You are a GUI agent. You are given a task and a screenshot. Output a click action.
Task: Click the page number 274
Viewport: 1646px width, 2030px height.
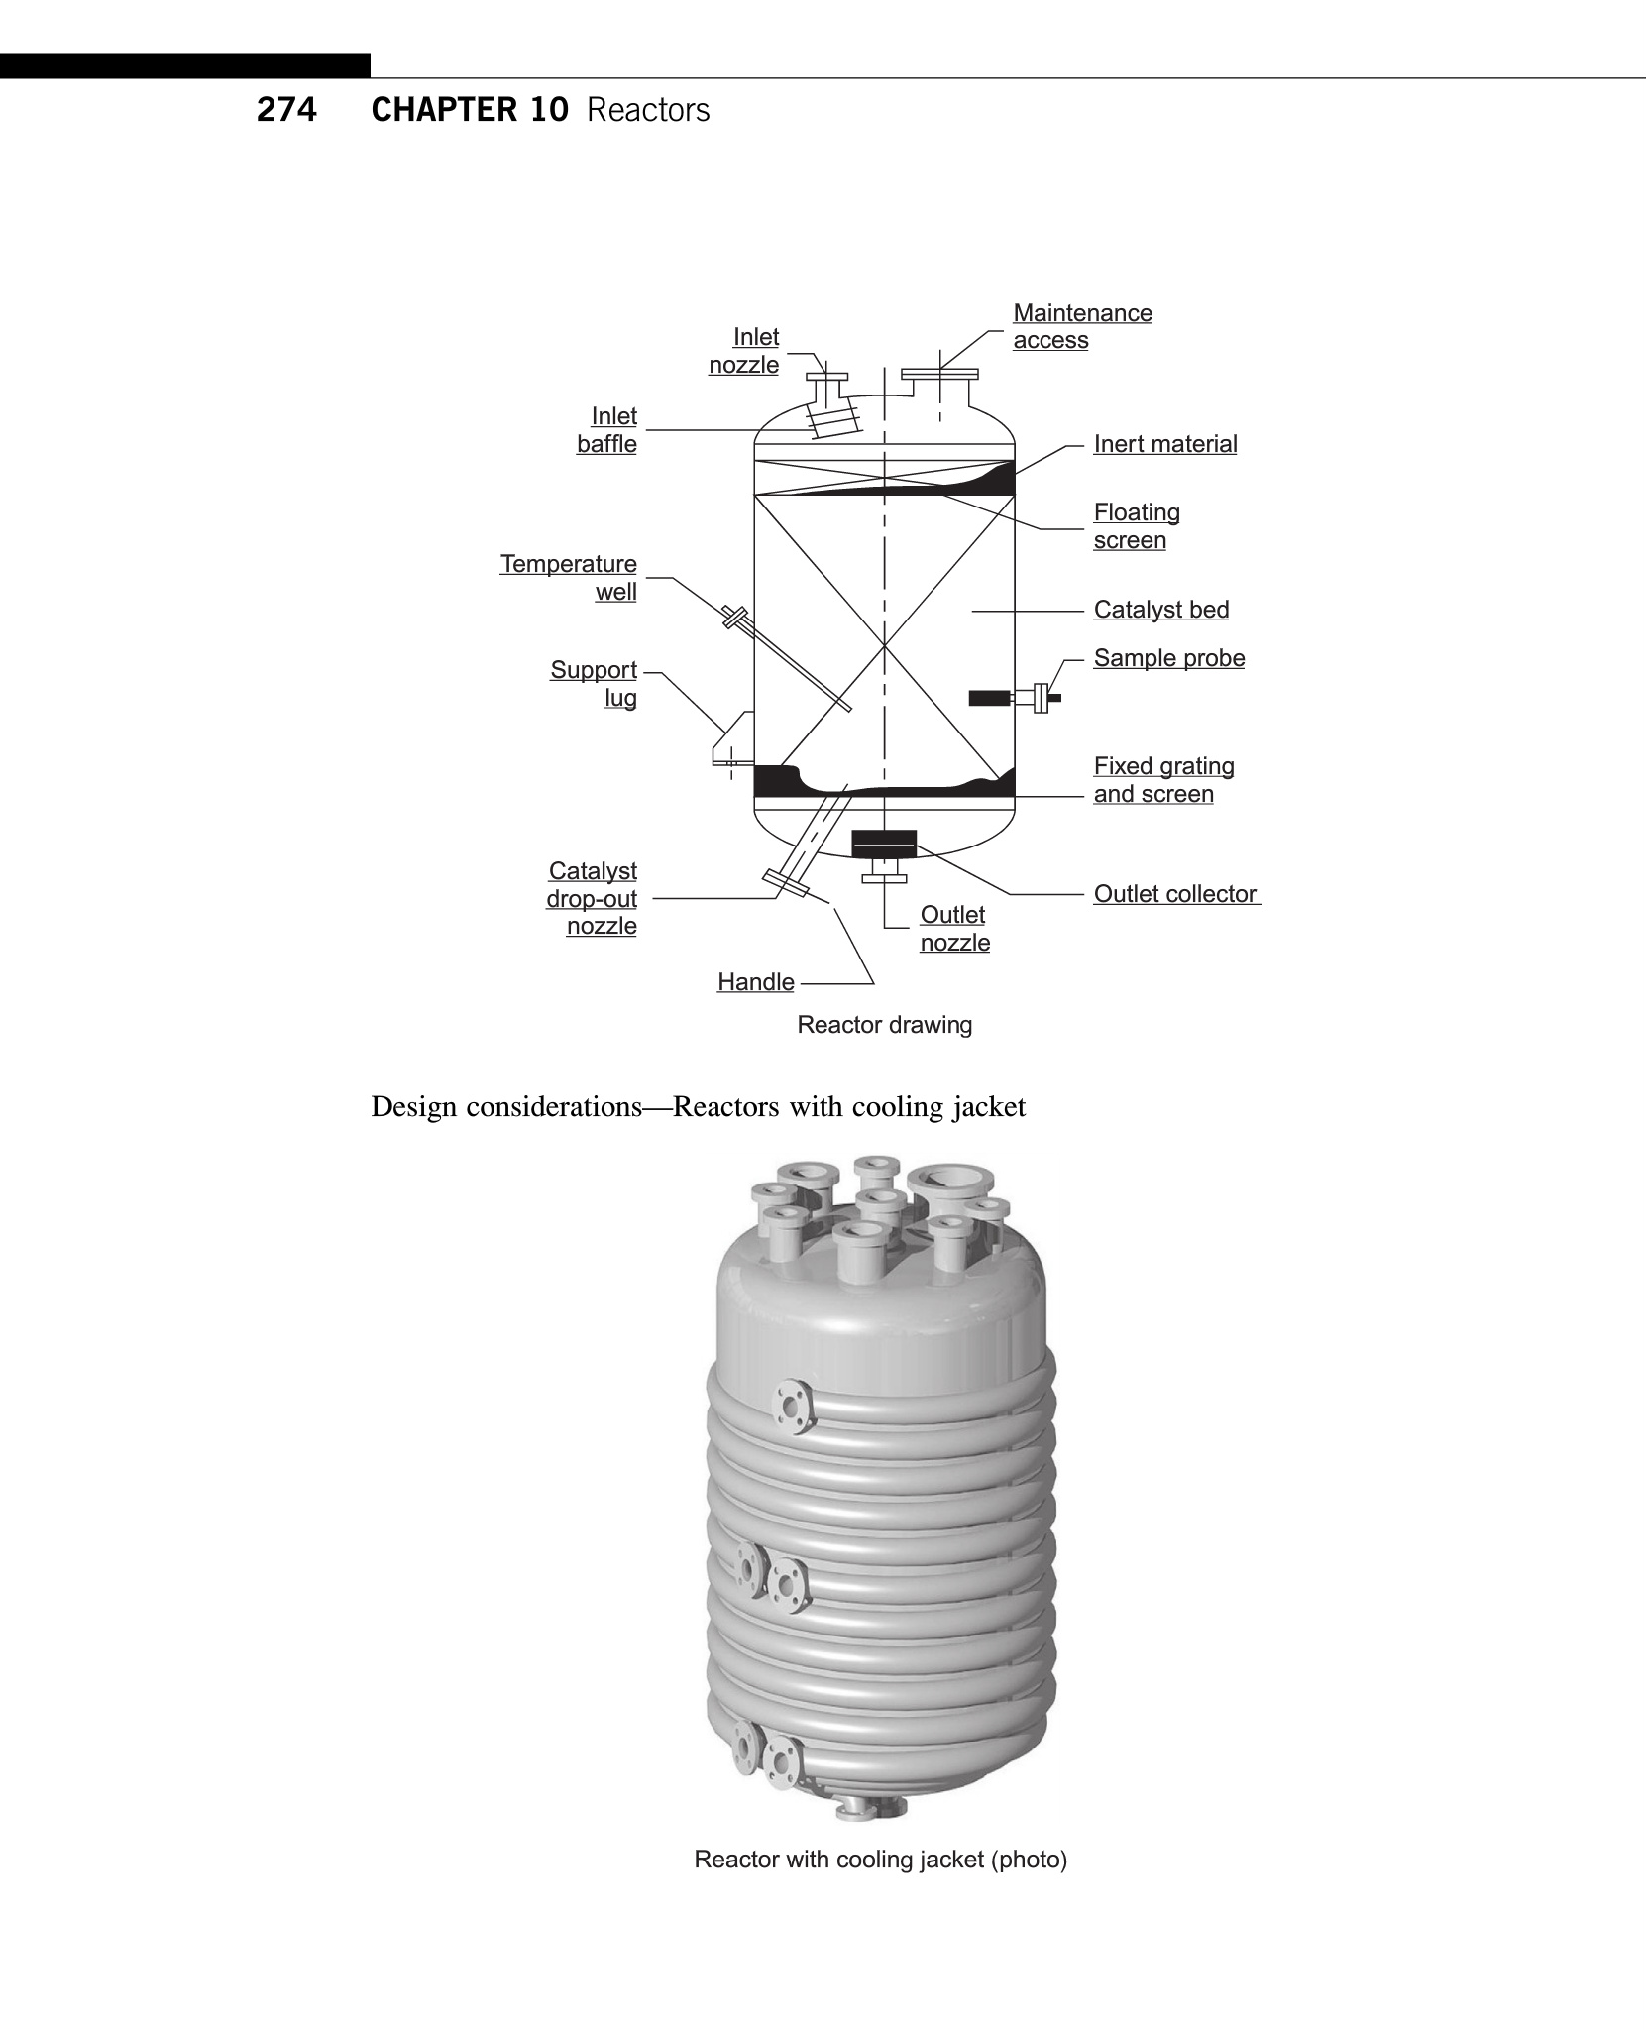click(286, 110)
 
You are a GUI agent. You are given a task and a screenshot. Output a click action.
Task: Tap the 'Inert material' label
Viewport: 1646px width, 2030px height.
click(1164, 444)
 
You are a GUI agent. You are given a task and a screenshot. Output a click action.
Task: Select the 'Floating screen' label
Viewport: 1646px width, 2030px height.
click(1136, 526)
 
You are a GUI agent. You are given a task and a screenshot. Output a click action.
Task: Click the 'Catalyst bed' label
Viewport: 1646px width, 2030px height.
click(1160, 610)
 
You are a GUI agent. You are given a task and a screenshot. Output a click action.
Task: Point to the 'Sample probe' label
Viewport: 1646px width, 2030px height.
click(1168, 658)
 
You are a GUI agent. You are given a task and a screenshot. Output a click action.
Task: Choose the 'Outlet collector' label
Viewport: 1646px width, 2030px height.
click(1175, 894)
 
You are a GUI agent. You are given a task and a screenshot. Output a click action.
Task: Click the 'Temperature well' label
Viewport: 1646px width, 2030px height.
click(569, 578)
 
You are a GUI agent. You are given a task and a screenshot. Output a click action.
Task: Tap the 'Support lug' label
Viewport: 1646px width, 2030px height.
click(594, 684)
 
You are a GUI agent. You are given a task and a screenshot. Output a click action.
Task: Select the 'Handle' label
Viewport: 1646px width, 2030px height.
click(756, 982)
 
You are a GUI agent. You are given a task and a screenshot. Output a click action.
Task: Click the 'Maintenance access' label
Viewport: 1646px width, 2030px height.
click(1081, 326)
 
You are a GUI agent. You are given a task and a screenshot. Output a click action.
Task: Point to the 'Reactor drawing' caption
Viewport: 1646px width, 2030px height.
click(884, 1025)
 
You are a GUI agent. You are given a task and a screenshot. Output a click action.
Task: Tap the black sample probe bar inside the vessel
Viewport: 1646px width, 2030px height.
click(988, 698)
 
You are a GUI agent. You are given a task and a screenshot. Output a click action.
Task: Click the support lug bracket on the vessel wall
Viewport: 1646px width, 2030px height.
click(733, 738)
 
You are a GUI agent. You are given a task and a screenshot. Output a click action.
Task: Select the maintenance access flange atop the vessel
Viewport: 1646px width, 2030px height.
click(939, 374)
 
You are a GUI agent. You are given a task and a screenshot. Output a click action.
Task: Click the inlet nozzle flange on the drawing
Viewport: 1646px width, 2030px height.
click(827, 376)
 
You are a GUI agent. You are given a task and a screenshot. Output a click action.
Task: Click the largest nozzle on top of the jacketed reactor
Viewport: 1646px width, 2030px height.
click(949, 1180)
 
